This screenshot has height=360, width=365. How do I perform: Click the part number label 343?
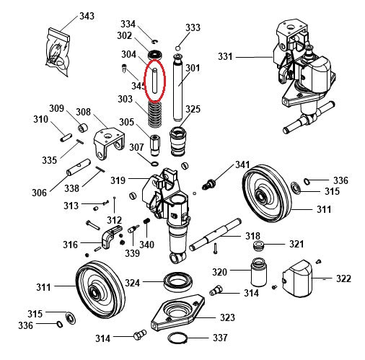coord(87,16)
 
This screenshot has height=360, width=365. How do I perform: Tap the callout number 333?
coord(193,28)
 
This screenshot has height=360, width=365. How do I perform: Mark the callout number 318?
coord(252,236)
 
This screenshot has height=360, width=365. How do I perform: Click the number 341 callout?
coord(242,165)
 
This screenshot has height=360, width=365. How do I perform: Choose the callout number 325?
coord(193,110)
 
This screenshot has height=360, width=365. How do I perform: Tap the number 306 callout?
coord(39,193)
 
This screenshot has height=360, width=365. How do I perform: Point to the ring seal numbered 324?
coord(177,281)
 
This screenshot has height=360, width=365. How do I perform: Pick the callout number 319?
coord(118,180)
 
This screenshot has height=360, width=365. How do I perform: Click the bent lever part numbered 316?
coord(107,235)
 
